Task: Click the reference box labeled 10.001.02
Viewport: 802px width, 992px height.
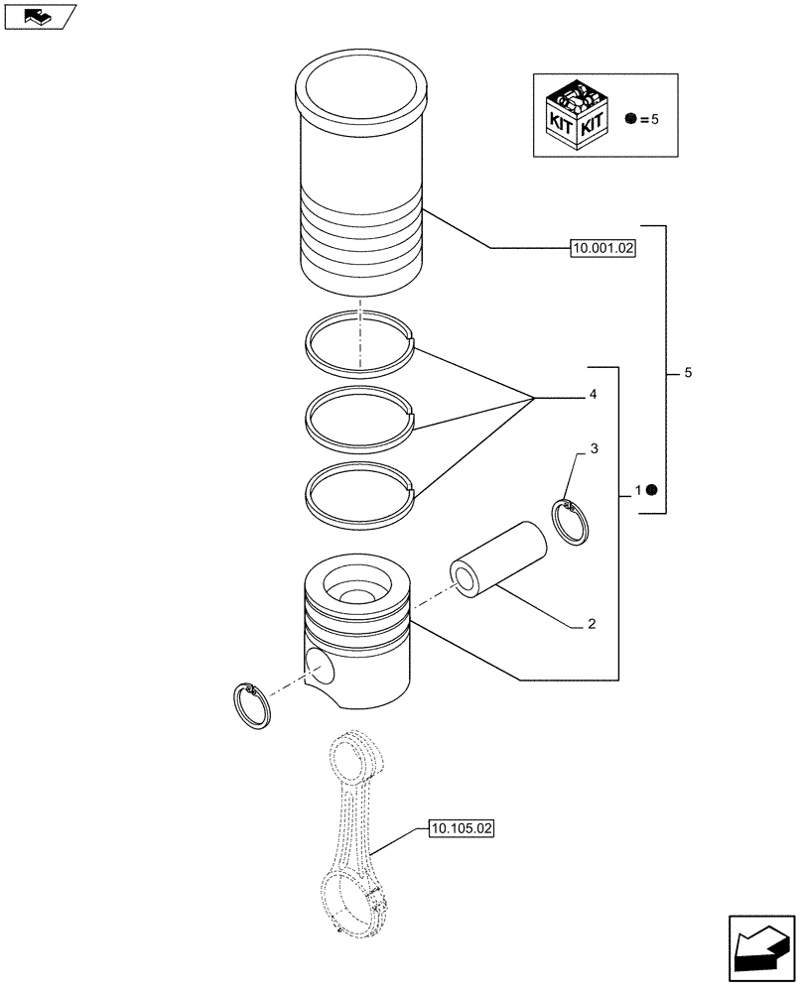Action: pyautogui.click(x=602, y=250)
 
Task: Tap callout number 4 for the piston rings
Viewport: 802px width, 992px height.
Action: pyautogui.click(x=593, y=395)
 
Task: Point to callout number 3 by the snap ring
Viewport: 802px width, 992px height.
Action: pyautogui.click(x=594, y=449)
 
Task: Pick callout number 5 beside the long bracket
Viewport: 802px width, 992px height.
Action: pyautogui.click(x=688, y=373)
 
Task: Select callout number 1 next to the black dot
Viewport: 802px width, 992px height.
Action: pyautogui.click(x=637, y=490)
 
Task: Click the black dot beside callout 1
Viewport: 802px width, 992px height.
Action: pyautogui.click(x=652, y=490)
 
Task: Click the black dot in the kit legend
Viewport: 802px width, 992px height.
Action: pyautogui.click(x=630, y=118)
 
